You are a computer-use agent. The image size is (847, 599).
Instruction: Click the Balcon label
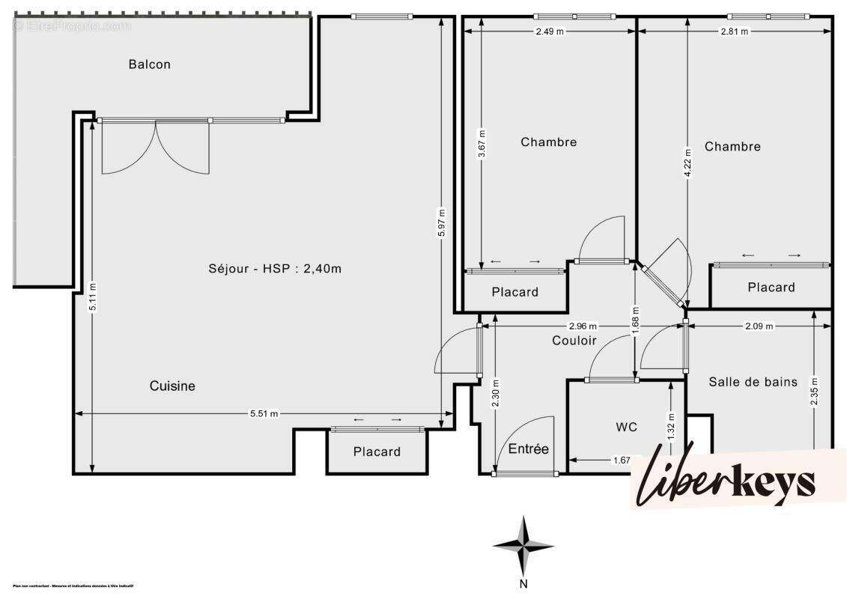click(x=149, y=64)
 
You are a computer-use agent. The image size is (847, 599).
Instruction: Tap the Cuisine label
click(x=172, y=386)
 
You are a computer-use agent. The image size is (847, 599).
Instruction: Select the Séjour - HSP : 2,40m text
click(x=275, y=268)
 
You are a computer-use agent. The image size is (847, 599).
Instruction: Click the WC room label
click(x=626, y=427)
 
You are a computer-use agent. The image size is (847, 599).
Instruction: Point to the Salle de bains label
click(x=753, y=382)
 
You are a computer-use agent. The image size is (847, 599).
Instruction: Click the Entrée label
click(x=529, y=449)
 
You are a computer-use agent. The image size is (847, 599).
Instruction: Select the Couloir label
click(x=574, y=341)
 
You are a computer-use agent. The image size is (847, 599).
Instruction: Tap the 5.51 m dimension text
click(x=263, y=413)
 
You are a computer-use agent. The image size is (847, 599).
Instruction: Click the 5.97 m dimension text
click(x=442, y=222)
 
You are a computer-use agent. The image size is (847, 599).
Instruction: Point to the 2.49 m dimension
click(x=550, y=31)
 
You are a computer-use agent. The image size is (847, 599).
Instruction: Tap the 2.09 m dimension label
click(x=759, y=326)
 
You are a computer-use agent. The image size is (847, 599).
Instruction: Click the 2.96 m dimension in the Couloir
click(x=583, y=326)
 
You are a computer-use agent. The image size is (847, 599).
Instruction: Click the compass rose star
click(x=523, y=545)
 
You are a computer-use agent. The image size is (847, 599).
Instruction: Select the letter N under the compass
click(x=524, y=584)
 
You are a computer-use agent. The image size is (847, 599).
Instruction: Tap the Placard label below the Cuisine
click(x=377, y=451)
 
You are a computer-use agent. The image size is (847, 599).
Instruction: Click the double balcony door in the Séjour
click(x=155, y=148)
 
